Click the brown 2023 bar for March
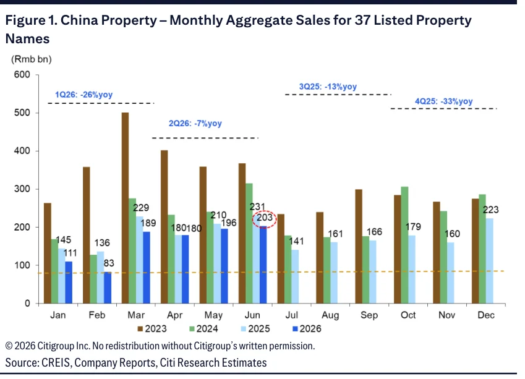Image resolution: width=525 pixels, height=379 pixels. point(126,208)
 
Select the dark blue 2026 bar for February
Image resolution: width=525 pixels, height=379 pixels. point(108,287)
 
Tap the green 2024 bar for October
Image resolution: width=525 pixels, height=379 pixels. point(404,245)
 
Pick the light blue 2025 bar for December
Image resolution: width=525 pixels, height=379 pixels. point(490,261)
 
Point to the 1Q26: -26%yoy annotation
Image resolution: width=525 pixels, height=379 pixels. point(83,95)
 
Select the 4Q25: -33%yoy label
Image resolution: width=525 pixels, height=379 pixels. point(443,101)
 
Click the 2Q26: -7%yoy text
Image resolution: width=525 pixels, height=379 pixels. point(195,123)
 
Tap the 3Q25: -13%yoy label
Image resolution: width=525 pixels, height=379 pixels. point(328,87)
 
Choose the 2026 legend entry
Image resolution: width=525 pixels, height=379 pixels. point(307,329)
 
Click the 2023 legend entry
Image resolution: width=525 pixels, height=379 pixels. point(152,329)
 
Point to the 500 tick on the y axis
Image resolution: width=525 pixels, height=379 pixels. point(22,113)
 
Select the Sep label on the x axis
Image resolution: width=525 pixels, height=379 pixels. point(369,315)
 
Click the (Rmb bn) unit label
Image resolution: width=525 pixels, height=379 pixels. point(32,59)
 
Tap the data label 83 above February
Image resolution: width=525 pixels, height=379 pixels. point(109,263)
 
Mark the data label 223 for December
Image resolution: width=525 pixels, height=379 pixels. point(490,210)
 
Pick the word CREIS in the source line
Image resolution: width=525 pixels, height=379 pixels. point(56,362)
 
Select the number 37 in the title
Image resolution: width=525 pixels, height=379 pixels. point(362,20)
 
